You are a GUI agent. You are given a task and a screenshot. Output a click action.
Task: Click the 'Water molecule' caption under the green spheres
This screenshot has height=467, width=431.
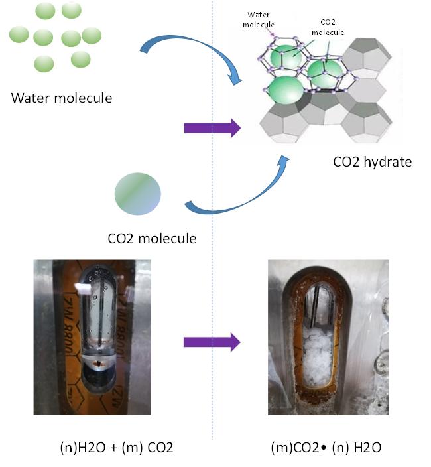(x=62, y=99)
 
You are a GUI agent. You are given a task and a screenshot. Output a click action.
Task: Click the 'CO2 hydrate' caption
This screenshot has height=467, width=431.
(x=373, y=161)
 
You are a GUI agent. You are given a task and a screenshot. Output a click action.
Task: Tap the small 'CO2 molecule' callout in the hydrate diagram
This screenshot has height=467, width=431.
(x=328, y=26)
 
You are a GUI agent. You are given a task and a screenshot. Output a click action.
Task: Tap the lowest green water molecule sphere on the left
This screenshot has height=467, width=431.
(x=44, y=64)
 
